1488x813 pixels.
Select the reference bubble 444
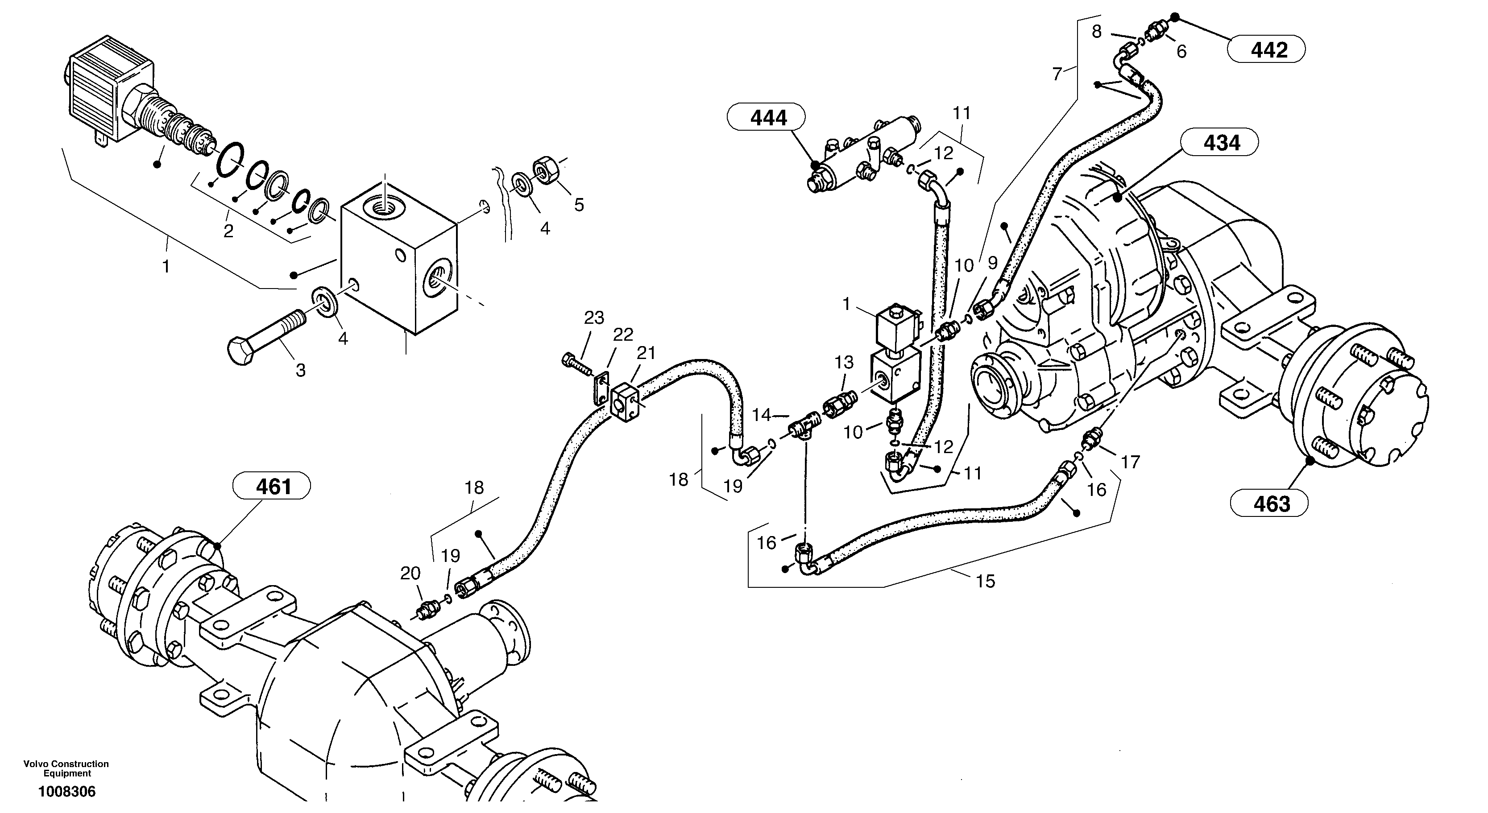click(765, 118)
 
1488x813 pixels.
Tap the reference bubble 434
click(1219, 143)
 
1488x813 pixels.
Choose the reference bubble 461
click(271, 487)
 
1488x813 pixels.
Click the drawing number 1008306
click(67, 792)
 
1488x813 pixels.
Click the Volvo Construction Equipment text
click(66, 768)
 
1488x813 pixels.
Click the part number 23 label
click(594, 318)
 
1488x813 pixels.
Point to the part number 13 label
click(844, 363)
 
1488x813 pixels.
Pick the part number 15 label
click(986, 582)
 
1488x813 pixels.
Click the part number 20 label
click(410, 574)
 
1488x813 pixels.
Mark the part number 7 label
click(1057, 74)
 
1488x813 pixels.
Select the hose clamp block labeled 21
click(623, 399)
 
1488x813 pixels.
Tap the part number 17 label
click(1131, 462)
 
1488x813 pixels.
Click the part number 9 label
click(992, 263)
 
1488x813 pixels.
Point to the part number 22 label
click(623, 334)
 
